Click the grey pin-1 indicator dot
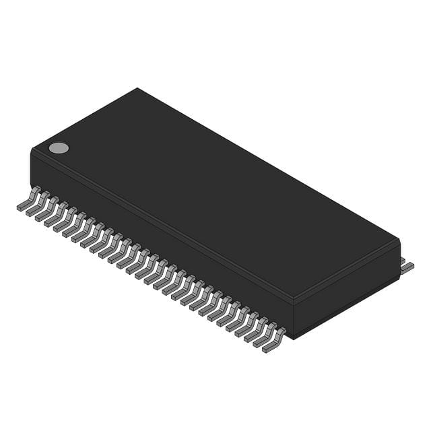[59, 148]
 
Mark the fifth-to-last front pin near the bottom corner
[237, 323]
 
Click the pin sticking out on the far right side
[407, 267]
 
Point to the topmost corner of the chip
[137, 88]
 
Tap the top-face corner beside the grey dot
[32, 150]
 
